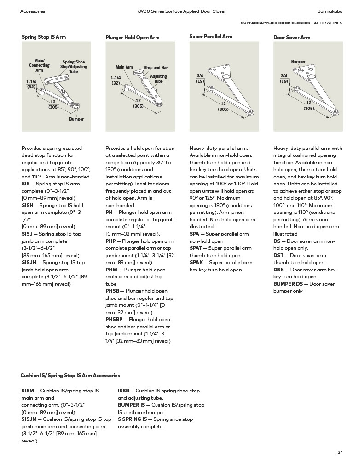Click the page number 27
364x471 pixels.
coord(340,452)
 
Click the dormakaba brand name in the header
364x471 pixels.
coord(330,11)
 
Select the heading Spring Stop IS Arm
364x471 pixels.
coord(44,36)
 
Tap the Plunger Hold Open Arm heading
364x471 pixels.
coord(132,37)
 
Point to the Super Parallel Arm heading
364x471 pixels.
coord(210,36)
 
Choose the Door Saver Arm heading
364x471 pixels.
coord(292,37)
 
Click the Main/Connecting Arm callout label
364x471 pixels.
coord(39,65)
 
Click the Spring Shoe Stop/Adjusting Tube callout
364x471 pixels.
coord(74,67)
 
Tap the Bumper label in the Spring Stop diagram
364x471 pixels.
coord(76,119)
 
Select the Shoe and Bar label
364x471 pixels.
coord(156,67)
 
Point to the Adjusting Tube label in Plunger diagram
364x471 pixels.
coord(158,79)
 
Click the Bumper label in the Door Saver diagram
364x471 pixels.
coord(298,62)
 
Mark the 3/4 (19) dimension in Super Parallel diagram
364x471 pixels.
coord(200,78)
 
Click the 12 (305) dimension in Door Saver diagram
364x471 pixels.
coord(308,106)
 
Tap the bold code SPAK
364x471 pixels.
coord(196,263)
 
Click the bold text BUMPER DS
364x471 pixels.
coord(288,284)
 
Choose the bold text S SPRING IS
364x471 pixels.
coord(133,419)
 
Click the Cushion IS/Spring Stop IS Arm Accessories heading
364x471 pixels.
coord(70,376)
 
